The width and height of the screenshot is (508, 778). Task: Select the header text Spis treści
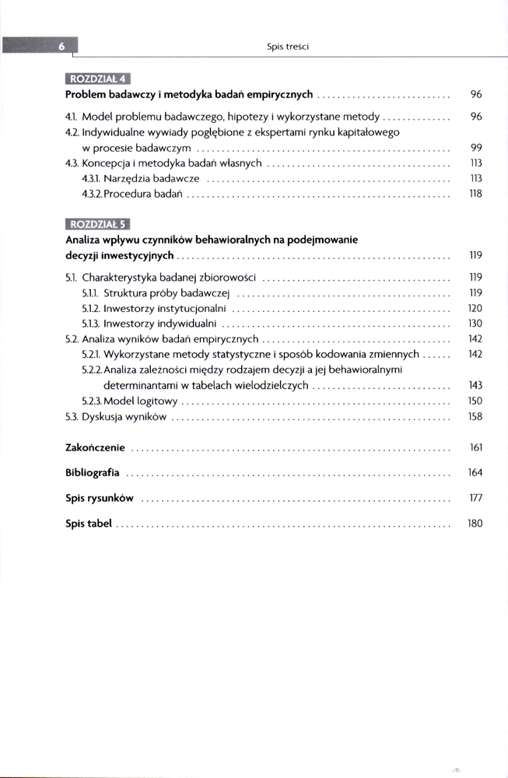click(288, 47)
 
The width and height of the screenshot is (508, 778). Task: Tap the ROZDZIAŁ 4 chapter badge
click(97, 78)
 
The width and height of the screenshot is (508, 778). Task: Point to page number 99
click(476, 148)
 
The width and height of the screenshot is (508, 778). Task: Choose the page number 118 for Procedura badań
click(476, 194)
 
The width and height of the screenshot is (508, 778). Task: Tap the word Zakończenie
click(96, 448)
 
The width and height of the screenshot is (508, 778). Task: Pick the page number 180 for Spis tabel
click(475, 524)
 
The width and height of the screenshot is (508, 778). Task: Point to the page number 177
click(476, 498)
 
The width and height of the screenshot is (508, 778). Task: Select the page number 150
click(475, 401)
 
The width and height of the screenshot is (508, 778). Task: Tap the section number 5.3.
click(72, 417)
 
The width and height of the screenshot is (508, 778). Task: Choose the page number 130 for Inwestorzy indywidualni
click(475, 324)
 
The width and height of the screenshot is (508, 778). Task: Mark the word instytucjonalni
click(187, 308)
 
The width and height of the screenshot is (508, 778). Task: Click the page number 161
click(476, 448)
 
